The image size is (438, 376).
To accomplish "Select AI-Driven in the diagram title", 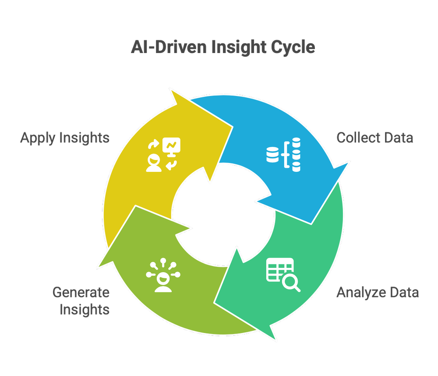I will click(169, 47).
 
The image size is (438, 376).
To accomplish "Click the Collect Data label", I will click(374, 138).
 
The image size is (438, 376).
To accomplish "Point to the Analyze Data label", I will click(378, 292).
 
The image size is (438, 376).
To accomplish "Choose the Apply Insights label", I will click(65, 138).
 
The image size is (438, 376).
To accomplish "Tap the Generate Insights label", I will click(81, 300).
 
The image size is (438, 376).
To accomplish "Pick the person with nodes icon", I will click(162, 277).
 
